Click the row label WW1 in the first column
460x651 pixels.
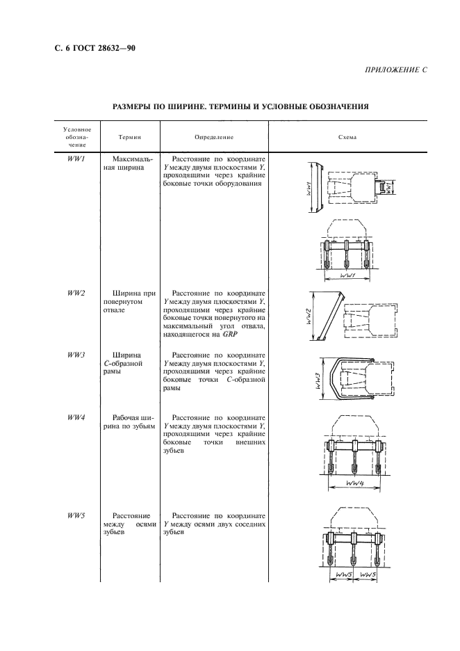click(x=76, y=159)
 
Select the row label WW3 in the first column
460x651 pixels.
click(x=76, y=355)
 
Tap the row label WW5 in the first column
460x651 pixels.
click(x=76, y=515)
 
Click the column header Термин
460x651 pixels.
click(x=129, y=137)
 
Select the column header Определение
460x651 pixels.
click(x=214, y=137)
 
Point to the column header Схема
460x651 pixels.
click(x=347, y=137)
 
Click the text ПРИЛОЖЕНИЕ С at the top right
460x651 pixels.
click(x=394, y=71)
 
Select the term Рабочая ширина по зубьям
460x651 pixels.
click(x=129, y=422)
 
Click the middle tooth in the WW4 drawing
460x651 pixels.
click(x=354, y=460)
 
